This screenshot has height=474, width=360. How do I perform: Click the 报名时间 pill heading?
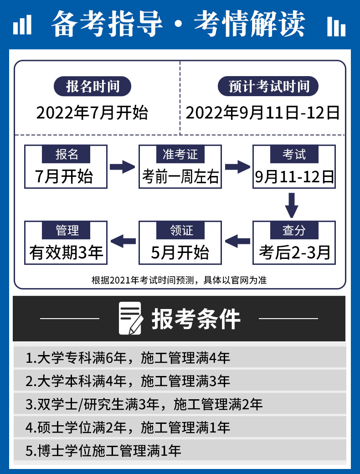pyautogui.click(x=93, y=86)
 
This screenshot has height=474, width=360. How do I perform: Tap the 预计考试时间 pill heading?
pyautogui.click(x=268, y=86)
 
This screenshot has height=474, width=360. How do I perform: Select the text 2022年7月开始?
pyautogui.click(x=92, y=113)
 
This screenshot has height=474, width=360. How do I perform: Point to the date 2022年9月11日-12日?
pyautogui.click(x=262, y=113)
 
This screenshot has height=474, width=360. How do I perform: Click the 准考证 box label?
pyautogui.click(x=180, y=154)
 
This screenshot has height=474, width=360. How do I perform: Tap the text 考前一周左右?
pyautogui.click(x=180, y=176)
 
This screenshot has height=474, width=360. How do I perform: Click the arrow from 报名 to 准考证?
pyautogui.click(x=122, y=166)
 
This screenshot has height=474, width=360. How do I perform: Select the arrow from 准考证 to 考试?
pyautogui.click(x=237, y=166)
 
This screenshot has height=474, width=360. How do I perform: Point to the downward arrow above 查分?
pyautogui.click(x=292, y=205)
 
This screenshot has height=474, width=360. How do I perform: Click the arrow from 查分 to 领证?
pyautogui.click(x=237, y=241)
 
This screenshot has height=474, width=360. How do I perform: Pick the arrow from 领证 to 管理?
pyautogui.click(x=123, y=241)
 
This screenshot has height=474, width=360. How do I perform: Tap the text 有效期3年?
pyautogui.click(x=66, y=252)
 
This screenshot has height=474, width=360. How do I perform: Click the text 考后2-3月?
pyautogui.click(x=294, y=252)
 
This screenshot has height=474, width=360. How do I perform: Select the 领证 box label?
pyautogui.click(x=180, y=230)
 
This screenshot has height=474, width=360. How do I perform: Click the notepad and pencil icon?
pyautogui.click(x=131, y=318)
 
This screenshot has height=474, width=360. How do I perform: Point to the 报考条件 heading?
pyautogui.click(x=196, y=319)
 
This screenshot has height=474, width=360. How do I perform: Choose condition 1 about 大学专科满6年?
pyautogui.click(x=128, y=358)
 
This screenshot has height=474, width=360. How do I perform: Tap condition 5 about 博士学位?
pyautogui.click(x=103, y=451)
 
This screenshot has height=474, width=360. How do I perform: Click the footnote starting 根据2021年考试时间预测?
pyautogui.click(x=179, y=280)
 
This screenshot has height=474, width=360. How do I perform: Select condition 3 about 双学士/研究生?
pyautogui.click(x=144, y=404)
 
